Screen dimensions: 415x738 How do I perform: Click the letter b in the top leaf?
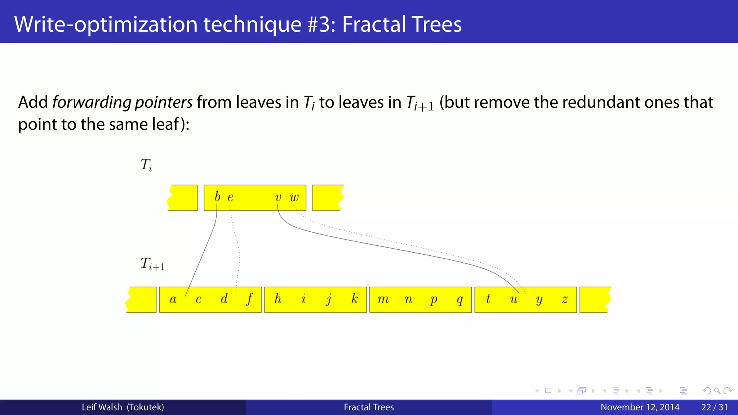(x=217, y=197)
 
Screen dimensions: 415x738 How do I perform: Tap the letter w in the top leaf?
(x=294, y=197)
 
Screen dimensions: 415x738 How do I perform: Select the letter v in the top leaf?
(x=278, y=197)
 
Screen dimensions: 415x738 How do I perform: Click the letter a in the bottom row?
(x=173, y=299)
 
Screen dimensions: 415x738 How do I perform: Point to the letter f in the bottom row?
(x=249, y=299)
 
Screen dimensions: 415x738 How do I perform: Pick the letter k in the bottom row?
(x=355, y=299)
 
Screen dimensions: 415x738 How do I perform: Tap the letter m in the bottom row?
(x=383, y=299)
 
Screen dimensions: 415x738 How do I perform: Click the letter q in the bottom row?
(x=459, y=300)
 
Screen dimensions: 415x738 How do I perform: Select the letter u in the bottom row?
(x=514, y=299)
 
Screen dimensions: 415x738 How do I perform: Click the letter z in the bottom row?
(x=565, y=299)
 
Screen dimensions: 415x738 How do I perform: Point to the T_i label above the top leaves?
(x=146, y=165)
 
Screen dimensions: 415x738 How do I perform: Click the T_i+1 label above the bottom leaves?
(x=152, y=264)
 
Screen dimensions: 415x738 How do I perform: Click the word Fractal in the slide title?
(x=373, y=24)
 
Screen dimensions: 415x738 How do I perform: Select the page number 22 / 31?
(x=714, y=407)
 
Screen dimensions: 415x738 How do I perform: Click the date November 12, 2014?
(x=640, y=407)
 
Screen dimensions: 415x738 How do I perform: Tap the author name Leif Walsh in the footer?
(x=102, y=407)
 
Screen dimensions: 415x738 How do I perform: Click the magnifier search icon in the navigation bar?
(x=717, y=391)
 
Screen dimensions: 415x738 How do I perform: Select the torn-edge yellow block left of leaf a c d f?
(x=142, y=299)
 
